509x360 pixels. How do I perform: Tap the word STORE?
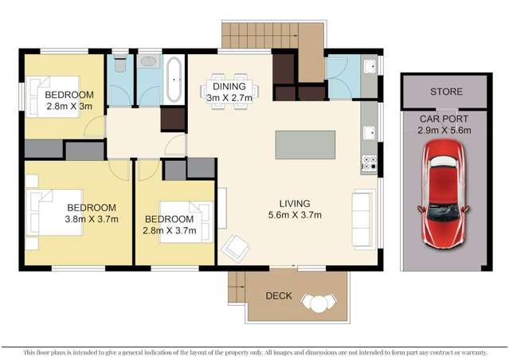(445, 92)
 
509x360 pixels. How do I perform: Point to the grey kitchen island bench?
(306, 145)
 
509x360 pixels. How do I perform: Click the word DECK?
(278, 296)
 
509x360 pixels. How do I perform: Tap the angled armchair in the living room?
(235, 248)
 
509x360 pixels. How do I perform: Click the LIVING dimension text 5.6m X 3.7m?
(300, 213)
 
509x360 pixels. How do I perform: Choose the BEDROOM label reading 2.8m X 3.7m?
(168, 224)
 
